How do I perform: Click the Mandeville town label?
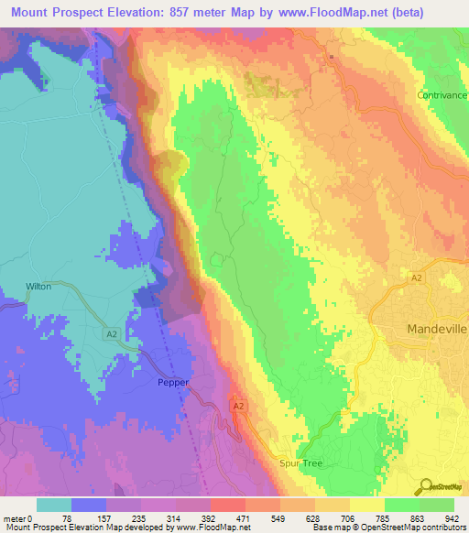(437, 328)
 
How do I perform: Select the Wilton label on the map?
(38, 287)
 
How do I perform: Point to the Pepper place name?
(173, 384)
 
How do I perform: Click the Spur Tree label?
(300, 463)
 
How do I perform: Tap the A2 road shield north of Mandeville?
(417, 277)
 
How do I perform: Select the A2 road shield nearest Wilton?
(111, 334)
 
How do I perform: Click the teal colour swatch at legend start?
(54, 505)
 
